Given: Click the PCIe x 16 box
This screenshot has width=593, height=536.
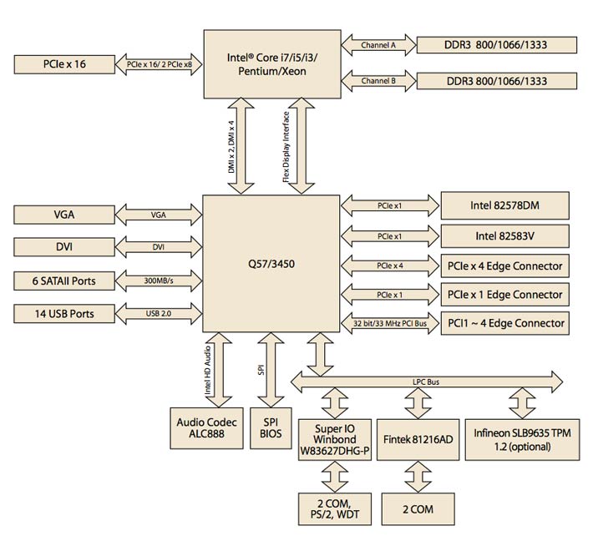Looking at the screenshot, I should coord(64,63).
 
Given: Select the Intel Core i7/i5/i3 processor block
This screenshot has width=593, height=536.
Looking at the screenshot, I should coord(271,63).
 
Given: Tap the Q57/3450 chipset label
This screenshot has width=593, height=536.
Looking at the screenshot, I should coord(271,263).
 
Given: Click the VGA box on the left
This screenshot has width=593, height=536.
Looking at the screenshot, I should coord(64,215).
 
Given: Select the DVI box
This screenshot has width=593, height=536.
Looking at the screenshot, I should coord(64,247).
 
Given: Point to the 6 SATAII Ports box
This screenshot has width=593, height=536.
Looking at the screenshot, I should coord(64,281).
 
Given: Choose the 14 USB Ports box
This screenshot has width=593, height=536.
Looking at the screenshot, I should coord(64,315).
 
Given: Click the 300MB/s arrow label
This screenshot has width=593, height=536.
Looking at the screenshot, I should coord(159,281).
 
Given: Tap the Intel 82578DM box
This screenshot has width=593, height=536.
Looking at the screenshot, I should coord(505,204).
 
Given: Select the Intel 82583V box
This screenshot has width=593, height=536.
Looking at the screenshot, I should coord(505,235).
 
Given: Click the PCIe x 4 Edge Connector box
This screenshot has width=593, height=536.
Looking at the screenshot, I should coord(505,267).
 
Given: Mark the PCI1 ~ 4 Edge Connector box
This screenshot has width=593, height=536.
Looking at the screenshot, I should coord(505,323).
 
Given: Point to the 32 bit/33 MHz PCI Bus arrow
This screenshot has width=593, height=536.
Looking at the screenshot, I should coord(390,323).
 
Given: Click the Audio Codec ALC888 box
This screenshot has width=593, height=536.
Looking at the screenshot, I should coord(206,427).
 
